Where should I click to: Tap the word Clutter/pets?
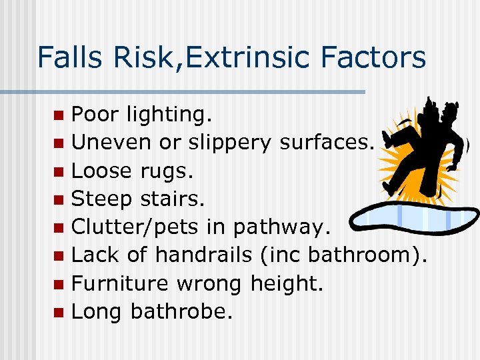[135, 227]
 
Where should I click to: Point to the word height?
[286, 283]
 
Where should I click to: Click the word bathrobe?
[182, 311]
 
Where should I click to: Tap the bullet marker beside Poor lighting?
[59, 115]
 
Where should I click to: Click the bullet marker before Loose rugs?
[59, 171]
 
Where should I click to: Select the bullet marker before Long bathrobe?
[59, 311]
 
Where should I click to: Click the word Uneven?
[111, 143]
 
